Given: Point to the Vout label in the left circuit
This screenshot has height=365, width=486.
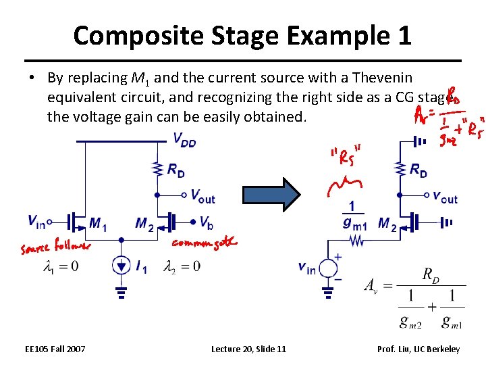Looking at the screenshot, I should point(202,196).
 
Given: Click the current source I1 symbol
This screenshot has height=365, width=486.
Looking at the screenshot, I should point(122,266).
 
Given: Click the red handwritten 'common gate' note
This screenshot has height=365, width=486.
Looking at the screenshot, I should point(203,243).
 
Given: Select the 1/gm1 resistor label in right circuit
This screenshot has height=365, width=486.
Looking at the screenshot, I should point(354,214).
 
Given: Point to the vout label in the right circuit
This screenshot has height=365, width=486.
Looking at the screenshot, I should point(445,197).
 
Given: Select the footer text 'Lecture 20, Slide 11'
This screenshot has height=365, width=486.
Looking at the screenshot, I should point(248,349).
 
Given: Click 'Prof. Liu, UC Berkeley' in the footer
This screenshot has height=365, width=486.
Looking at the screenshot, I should point(418,349).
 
